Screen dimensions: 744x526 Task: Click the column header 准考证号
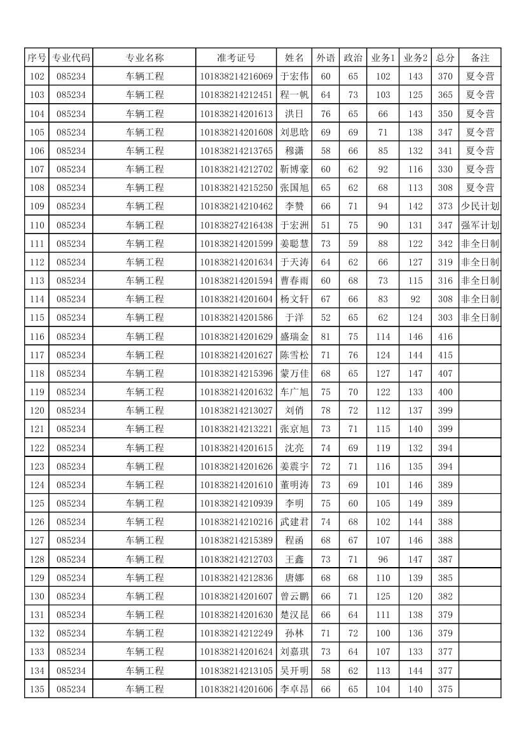(x=236, y=58)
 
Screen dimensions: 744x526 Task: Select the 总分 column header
(x=445, y=58)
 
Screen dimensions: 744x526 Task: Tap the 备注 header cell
(x=480, y=58)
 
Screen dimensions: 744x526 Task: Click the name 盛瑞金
(x=294, y=336)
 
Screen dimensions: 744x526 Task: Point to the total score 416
(x=445, y=336)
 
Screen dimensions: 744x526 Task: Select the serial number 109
(x=38, y=206)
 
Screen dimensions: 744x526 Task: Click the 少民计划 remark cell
(x=480, y=206)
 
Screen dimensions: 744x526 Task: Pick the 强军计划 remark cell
(x=480, y=225)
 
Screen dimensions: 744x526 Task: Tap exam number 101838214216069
(x=236, y=76)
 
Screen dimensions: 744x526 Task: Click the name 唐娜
(x=294, y=578)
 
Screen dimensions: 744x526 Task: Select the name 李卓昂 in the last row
(x=294, y=689)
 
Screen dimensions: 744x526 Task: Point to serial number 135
(x=38, y=689)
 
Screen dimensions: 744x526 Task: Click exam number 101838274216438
(x=236, y=225)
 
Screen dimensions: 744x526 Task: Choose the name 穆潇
(x=294, y=151)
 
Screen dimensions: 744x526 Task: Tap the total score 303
(x=445, y=318)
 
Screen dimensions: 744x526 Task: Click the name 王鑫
(x=294, y=559)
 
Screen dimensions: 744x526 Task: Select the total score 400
(x=445, y=392)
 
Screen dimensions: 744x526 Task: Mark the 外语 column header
(x=326, y=58)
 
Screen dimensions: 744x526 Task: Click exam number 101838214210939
(x=236, y=503)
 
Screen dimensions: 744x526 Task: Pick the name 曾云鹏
(x=294, y=596)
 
